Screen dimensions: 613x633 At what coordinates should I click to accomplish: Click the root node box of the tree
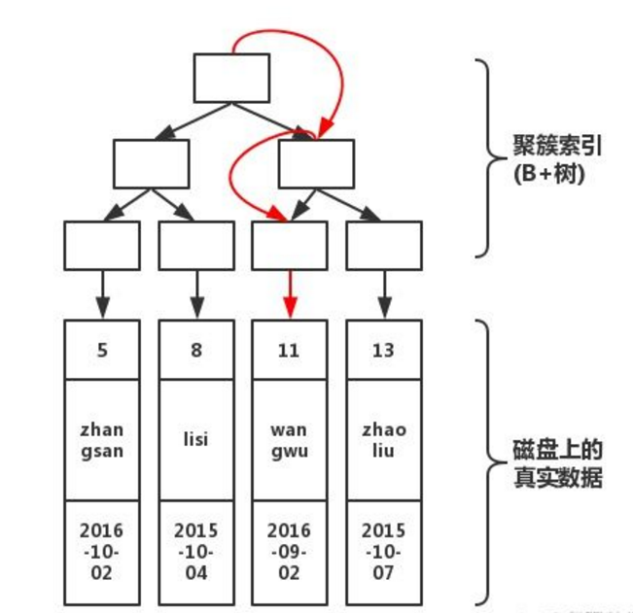click(x=231, y=78)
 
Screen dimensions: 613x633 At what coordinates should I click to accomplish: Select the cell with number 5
click(x=101, y=350)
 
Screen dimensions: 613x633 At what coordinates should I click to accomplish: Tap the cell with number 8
click(x=195, y=350)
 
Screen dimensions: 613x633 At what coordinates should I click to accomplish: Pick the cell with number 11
click(x=290, y=350)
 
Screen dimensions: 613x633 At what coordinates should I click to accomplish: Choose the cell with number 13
click(x=384, y=350)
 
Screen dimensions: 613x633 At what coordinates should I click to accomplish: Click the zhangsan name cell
click(x=101, y=440)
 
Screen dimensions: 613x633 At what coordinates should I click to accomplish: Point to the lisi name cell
click(x=195, y=440)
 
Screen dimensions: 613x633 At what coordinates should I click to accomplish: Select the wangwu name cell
click(x=290, y=440)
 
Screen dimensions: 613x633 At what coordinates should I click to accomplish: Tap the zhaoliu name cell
click(x=384, y=440)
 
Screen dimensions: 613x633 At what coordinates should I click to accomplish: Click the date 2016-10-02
click(x=101, y=552)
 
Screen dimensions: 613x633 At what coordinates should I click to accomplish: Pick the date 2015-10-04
click(x=195, y=552)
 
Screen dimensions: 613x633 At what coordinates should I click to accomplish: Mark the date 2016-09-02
click(x=290, y=552)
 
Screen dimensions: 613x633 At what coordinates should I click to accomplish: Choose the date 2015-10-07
click(x=384, y=552)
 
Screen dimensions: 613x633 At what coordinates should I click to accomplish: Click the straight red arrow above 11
click(x=290, y=292)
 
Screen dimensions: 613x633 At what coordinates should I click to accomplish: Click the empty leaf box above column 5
click(x=101, y=245)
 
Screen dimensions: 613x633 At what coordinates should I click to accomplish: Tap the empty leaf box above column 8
click(x=195, y=245)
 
